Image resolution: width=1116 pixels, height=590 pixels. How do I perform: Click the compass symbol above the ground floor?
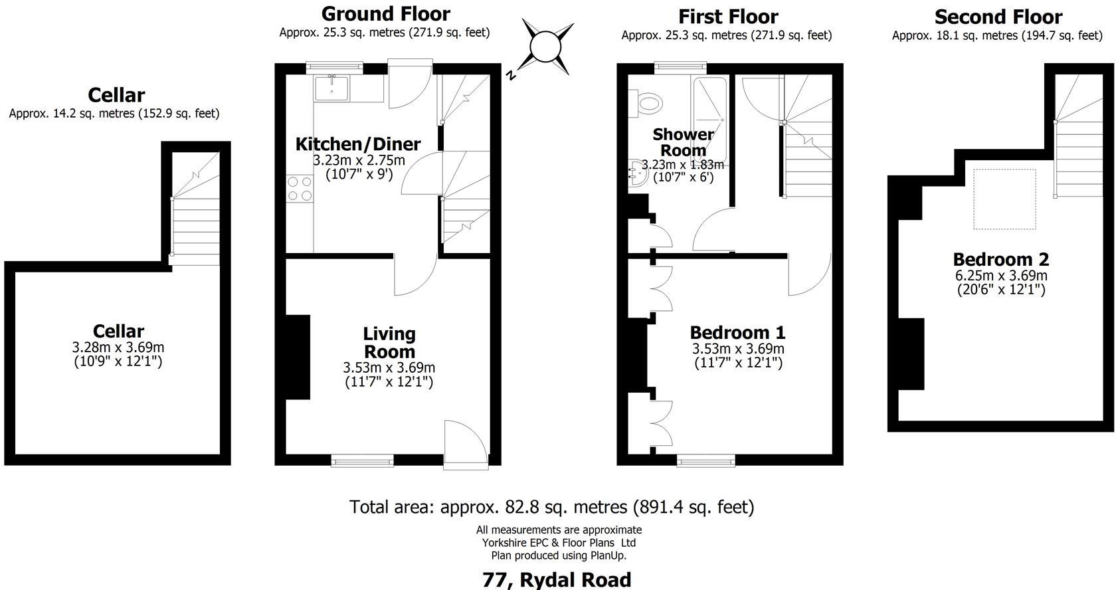tap(547, 47)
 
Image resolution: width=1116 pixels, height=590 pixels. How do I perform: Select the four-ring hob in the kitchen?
tap(299, 189)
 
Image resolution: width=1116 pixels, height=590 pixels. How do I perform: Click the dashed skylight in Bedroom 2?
tap(1004, 199)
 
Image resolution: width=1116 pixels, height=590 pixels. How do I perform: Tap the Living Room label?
tap(389, 343)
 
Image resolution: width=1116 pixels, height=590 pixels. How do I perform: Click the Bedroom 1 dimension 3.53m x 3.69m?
tap(738, 349)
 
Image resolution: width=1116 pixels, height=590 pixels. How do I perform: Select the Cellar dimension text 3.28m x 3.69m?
tap(118, 347)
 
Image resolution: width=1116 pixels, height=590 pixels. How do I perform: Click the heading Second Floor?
tap(998, 16)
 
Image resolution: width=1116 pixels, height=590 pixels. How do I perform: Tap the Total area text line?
tap(551, 508)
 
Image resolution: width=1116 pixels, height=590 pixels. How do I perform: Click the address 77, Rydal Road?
tap(557, 579)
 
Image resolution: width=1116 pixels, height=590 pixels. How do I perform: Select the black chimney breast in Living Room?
tap(298, 357)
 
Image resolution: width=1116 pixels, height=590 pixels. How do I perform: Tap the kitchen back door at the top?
tap(411, 84)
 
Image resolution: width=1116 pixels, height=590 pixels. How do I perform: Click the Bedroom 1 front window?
tap(706, 460)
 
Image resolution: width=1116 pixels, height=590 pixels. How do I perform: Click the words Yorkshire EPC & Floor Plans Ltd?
tap(559, 543)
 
